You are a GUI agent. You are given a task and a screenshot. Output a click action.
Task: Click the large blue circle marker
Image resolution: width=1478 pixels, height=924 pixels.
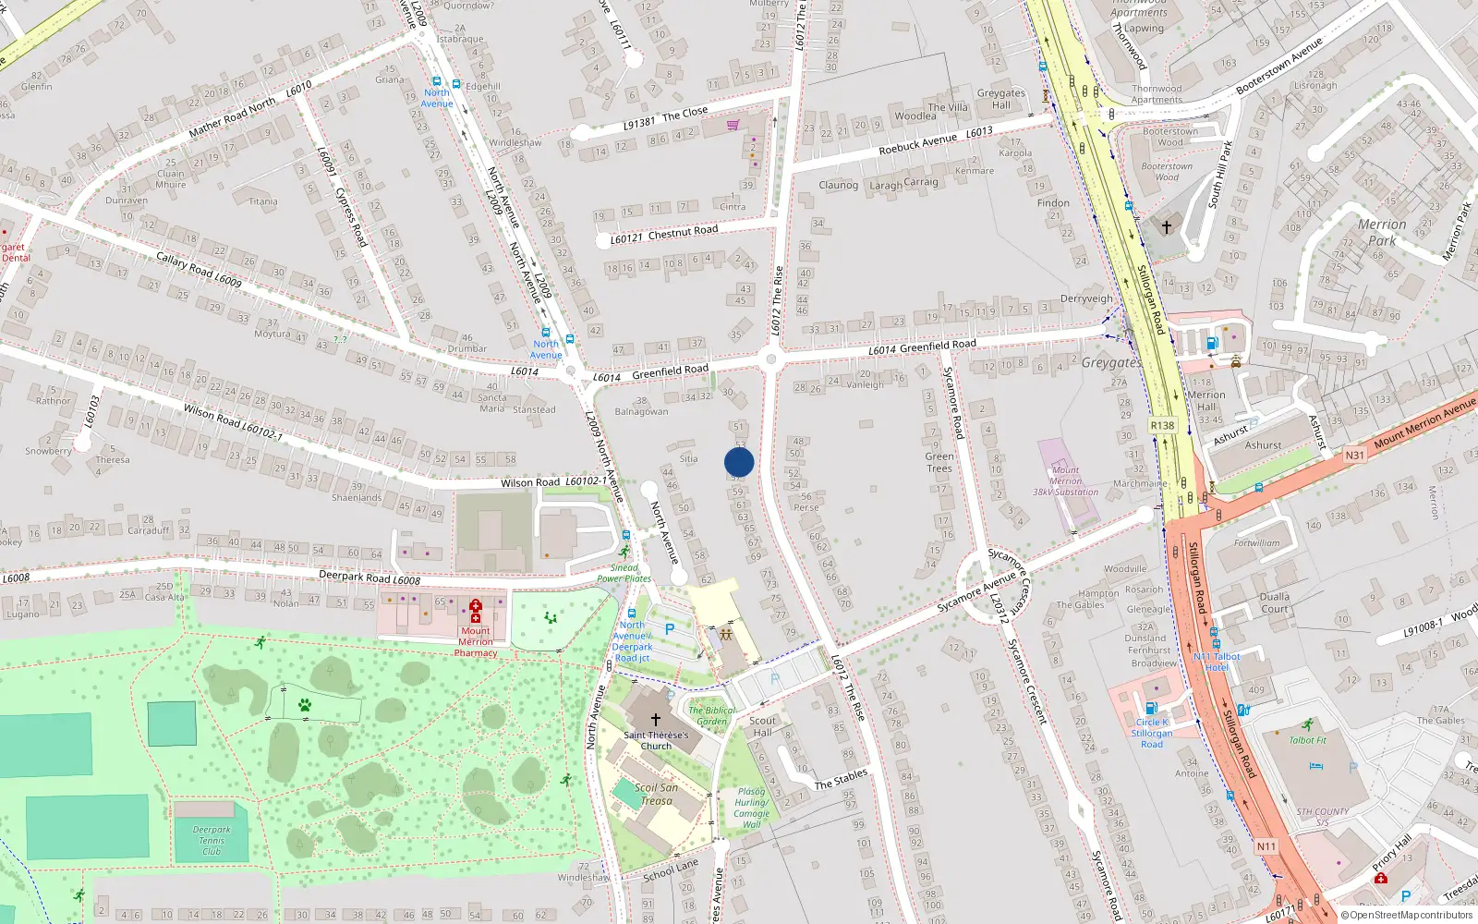(x=739, y=462)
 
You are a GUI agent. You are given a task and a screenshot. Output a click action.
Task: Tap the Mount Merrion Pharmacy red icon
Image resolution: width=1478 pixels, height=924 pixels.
(x=475, y=611)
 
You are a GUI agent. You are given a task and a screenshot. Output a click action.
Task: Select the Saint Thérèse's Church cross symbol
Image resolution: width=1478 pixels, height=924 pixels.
(x=655, y=719)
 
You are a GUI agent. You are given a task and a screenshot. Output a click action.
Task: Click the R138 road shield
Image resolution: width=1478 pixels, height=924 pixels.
(x=1162, y=426)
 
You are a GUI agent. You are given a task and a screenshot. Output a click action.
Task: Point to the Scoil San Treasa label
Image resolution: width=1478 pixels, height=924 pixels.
(x=656, y=794)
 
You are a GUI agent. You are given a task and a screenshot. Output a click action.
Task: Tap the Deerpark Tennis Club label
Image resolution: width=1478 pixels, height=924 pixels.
(x=212, y=840)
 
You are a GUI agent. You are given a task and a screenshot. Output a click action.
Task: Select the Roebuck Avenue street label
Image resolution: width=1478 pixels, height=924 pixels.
(x=917, y=144)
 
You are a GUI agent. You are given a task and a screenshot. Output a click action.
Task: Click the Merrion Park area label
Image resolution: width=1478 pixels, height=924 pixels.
(x=1382, y=232)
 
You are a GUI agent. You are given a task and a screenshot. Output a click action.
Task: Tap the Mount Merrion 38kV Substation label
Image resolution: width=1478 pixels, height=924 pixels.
(x=1065, y=480)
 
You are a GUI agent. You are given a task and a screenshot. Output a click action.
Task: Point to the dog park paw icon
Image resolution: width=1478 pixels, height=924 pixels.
(x=305, y=705)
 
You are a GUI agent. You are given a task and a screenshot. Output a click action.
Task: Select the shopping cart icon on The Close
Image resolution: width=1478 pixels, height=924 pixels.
(x=733, y=125)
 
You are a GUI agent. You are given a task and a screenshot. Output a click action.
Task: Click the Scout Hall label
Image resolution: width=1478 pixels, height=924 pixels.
(x=762, y=726)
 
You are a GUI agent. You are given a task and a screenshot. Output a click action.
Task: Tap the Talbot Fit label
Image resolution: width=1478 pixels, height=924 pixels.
(x=1307, y=740)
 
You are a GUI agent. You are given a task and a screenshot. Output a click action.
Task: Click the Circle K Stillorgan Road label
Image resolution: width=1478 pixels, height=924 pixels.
(x=1152, y=733)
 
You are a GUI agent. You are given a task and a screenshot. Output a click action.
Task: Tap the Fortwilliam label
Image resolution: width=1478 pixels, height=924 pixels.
(x=1256, y=543)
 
